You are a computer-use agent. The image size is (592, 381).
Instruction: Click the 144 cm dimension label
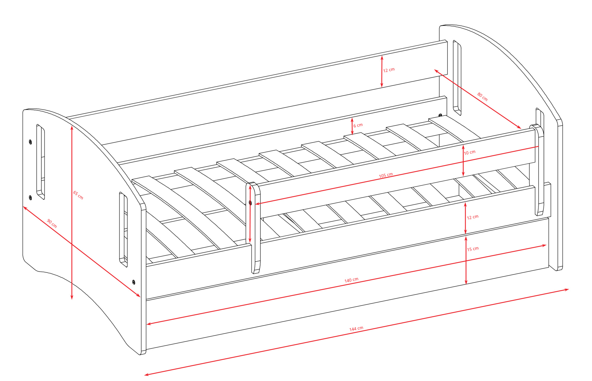pyautogui.click(x=356, y=329)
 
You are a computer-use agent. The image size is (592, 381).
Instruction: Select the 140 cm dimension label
pyautogui.click(x=351, y=280)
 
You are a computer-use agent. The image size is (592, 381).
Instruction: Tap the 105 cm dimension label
pyautogui.click(x=386, y=175)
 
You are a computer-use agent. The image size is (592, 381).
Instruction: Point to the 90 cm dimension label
pyautogui.click(x=52, y=223)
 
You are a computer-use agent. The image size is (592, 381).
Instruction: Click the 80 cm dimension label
pyautogui.click(x=482, y=97)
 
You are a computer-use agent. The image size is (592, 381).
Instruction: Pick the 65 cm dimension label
pyautogui.click(x=78, y=195)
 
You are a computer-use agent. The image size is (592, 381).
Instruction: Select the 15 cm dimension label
pyautogui.click(x=473, y=249)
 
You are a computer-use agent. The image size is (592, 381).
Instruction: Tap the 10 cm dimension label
pyautogui.click(x=469, y=152)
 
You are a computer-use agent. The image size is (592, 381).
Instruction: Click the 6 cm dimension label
pyautogui.click(x=358, y=125)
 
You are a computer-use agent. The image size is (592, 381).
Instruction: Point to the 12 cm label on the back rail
pyautogui.click(x=389, y=70)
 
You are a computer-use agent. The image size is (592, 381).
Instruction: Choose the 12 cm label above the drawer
pyautogui.click(x=472, y=217)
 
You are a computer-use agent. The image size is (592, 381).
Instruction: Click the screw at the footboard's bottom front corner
pyautogui.click(x=133, y=282)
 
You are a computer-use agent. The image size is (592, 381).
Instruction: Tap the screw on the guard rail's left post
pyautogui.click(x=250, y=203)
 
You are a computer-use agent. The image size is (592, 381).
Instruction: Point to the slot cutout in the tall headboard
pyautogui.click(x=457, y=78)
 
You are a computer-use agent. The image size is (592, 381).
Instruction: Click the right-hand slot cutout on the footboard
pyautogui.click(x=123, y=229)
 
